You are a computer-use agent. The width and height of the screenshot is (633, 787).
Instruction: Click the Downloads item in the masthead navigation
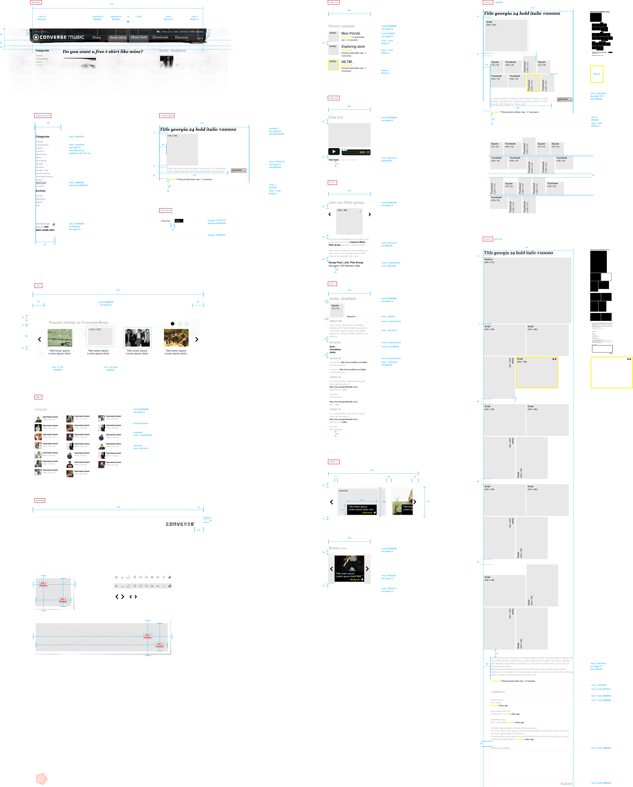(x=160, y=37)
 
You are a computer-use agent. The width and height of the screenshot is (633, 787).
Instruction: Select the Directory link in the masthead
(x=181, y=37)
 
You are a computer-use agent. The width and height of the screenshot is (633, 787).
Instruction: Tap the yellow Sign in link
(x=200, y=38)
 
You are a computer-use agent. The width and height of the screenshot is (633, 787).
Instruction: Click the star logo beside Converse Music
(x=36, y=37)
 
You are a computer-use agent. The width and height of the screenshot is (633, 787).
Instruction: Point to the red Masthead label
(x=36, y=2)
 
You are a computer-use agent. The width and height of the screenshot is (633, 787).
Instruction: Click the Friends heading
(x=41, y=410)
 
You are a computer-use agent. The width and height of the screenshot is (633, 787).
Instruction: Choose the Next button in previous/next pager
(x=177, y=221)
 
